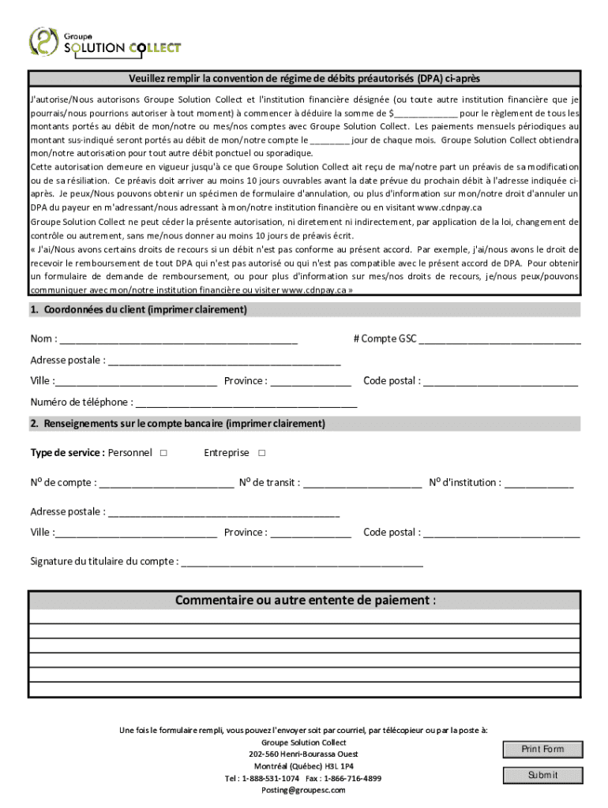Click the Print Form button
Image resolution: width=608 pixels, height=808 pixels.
coord(542,749)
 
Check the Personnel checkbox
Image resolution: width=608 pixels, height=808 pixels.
coord(163,453)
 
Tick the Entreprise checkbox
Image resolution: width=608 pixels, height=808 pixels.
coord(262,453)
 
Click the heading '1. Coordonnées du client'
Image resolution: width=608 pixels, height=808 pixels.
coord(138,310)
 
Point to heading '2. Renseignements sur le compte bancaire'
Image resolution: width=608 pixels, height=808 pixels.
coord(178,424)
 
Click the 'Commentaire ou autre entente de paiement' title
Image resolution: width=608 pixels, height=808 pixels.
coord(305,600)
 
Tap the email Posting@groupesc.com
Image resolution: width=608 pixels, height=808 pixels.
coord(303,790)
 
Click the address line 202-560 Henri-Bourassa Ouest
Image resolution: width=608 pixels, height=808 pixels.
coord(303,754)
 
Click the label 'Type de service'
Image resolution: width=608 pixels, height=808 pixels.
coord(66,453)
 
